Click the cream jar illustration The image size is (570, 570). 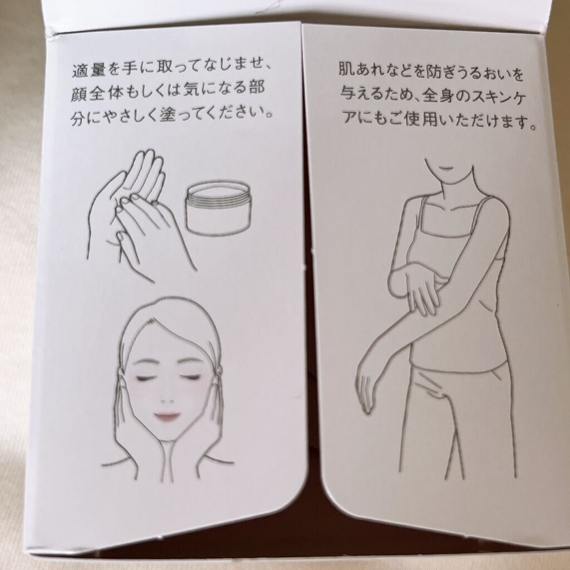[218, 211]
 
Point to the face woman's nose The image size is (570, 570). [167, 399]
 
